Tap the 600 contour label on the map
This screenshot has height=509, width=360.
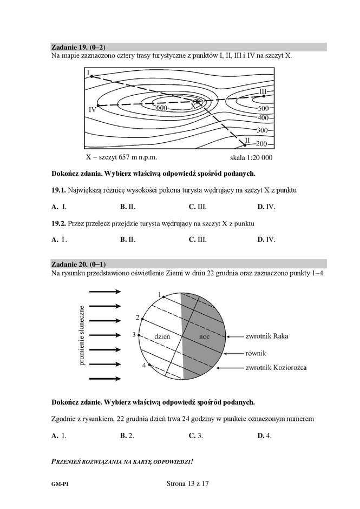(161, 108)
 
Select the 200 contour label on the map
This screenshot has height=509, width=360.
(262, 144)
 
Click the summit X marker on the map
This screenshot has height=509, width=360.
(198, 102)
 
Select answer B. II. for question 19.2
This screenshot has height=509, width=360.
(128, 239)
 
